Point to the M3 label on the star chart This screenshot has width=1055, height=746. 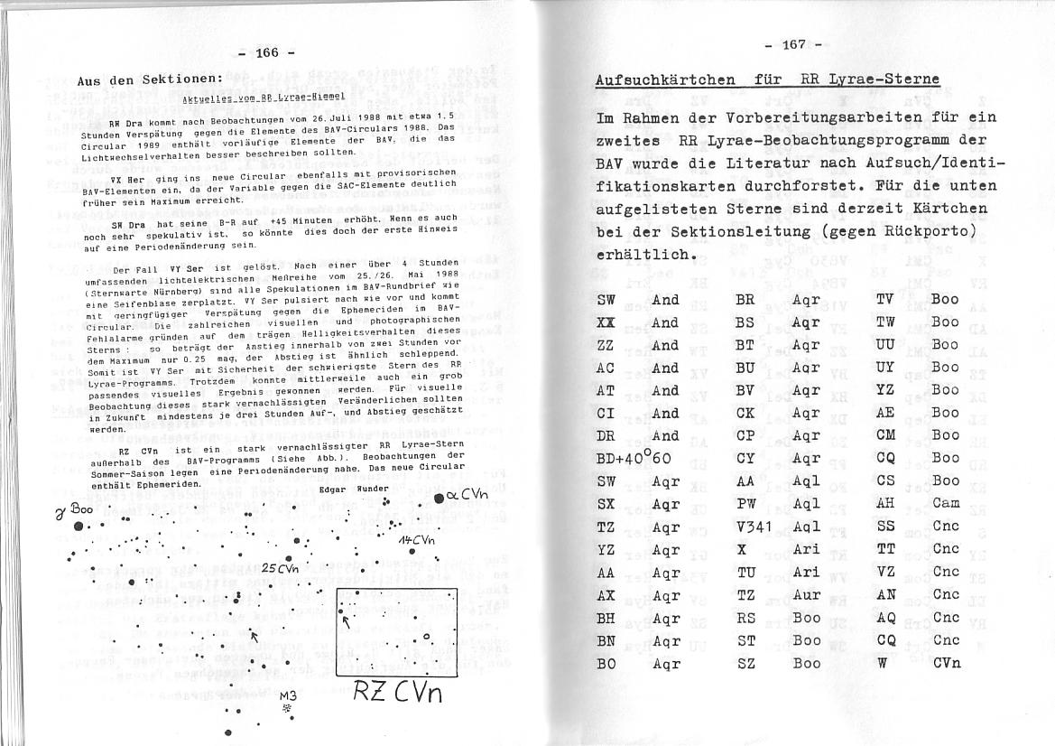click(x=287, y=696)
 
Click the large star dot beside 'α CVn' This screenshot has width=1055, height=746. click(x=438, y=498)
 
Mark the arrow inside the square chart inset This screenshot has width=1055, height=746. click(x=346, y=620)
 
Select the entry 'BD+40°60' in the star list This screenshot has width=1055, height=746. click(x=634, y=459)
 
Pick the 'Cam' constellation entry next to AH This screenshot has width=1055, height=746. click(x=946, y=504)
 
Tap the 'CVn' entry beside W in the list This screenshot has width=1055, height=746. click(x=947, y=662)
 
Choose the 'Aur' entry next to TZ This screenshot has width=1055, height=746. click(x=806, y=594)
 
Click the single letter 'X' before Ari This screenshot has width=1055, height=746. click(x=742, y=549)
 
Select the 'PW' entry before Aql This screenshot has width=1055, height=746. click(x=745, y=504)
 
